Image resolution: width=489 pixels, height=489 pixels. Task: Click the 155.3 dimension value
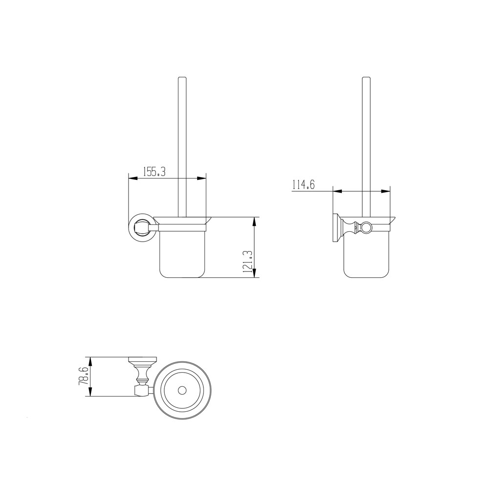tap(154, 172)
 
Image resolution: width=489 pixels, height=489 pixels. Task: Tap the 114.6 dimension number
tap(303, 184)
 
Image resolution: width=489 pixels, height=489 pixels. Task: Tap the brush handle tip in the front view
tap(182, 79)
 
